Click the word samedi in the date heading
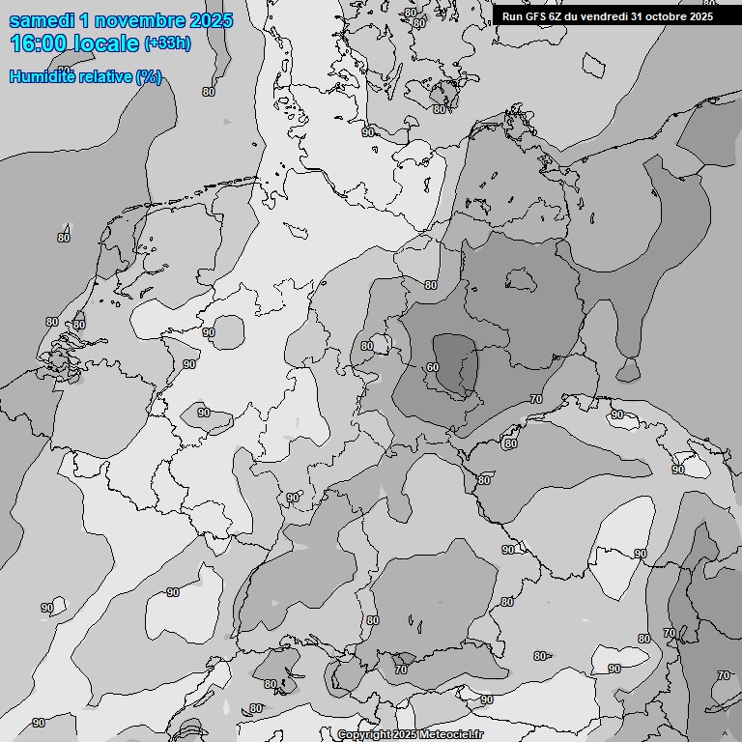click(x=39, y=20)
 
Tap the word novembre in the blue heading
click(x=136, y=20)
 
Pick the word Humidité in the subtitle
click(x=40, y=76)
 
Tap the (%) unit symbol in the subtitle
click(x=149, y=76)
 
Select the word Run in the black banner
click(x=512, y=16)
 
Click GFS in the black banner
click(x=535, y=16)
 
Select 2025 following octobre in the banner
click(x=702, y=16)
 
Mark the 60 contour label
click(x=432, y=367)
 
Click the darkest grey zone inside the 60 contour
click(x=454, y=362)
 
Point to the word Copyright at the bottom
click(x=364, y=735)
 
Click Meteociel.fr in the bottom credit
click(x=451, y=735)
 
